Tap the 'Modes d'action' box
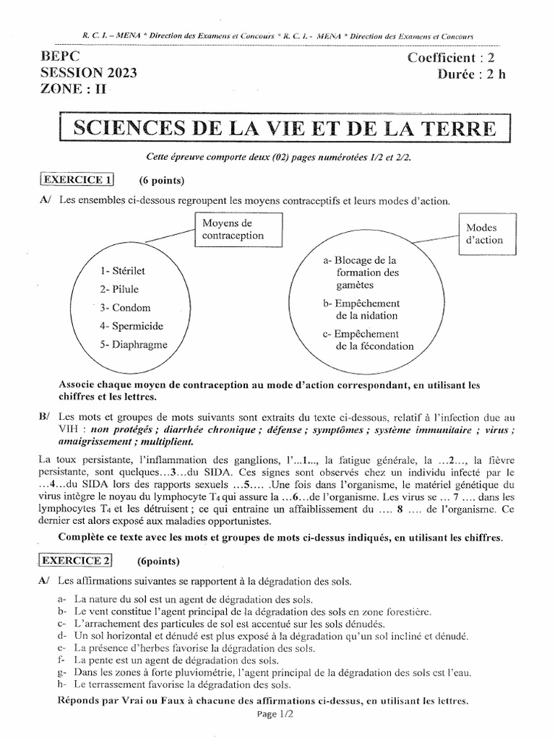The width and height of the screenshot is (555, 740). pyautogui.click(x=485, y=233)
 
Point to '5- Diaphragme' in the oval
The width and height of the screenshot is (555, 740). pyautogui.click(x=134, y=345)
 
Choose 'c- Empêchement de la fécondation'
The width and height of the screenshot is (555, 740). pyautogui.click(x=369, y=340)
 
